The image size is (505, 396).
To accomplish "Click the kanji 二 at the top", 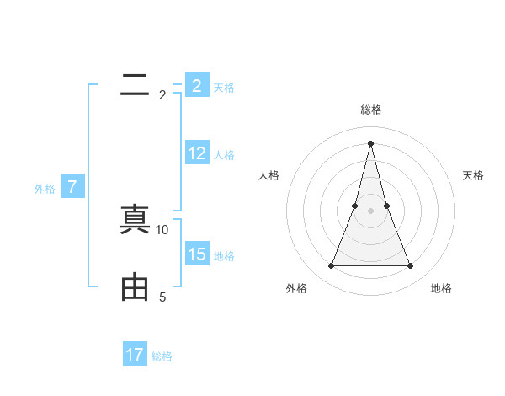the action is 134,86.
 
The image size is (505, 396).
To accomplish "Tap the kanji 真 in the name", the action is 134,221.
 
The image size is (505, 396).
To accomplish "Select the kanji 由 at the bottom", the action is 134,287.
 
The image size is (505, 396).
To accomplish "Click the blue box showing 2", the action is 196,86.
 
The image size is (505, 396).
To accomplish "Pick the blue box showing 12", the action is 197,153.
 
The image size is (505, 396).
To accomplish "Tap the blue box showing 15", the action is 197,254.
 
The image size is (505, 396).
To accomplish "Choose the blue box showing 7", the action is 72,187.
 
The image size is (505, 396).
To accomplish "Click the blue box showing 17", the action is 135,355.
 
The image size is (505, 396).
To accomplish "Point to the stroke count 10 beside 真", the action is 162,229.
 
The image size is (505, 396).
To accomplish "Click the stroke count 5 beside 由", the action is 162,297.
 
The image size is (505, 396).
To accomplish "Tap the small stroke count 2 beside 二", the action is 162,94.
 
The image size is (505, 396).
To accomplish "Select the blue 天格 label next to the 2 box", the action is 224,87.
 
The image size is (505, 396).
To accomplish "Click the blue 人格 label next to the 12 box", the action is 224,154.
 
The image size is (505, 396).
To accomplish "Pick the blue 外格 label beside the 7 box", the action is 45,188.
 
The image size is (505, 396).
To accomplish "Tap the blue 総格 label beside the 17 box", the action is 162,356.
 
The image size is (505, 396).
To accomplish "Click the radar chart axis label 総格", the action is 370,110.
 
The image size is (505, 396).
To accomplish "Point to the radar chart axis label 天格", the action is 473,175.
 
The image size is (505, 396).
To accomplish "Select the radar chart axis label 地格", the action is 441,288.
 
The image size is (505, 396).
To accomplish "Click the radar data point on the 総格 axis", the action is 370,142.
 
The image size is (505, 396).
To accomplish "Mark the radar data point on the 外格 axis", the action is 331,266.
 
